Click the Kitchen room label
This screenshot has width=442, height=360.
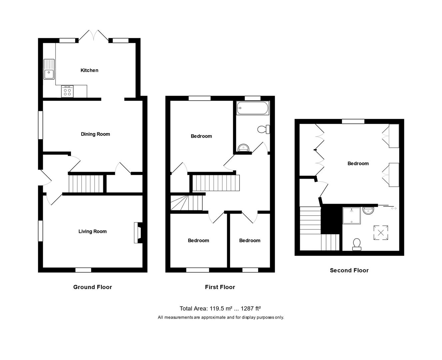coord(89,70)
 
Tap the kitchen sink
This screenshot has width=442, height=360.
coord(49,69)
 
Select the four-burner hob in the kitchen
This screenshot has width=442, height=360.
coord(68,92)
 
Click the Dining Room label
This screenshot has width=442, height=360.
coord(95,134)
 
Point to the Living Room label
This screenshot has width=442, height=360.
coord(93,231)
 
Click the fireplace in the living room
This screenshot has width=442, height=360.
coord(138,233)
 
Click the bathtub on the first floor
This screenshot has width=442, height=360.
coord(252,108)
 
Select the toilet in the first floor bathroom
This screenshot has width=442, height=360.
coord(264,129)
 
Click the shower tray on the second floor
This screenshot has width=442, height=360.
coord(352,216)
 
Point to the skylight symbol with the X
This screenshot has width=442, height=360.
coord(380,232)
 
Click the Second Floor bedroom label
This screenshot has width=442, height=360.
coord(358,163)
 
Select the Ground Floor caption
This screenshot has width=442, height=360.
coord(93,287)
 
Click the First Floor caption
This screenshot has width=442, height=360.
coord(220,287)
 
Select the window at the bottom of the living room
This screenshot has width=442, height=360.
coord(83,270)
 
